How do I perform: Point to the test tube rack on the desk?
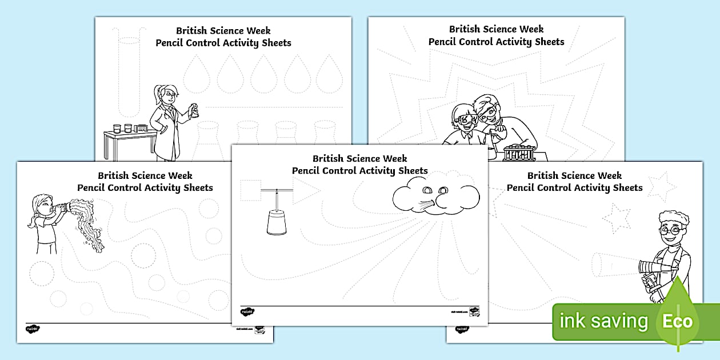pyautogui.click(x=518, y=153)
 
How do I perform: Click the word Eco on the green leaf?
pyautogui.click(x=677, y=321)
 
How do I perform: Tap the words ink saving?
pyautogui.click(x=603, y=322)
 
